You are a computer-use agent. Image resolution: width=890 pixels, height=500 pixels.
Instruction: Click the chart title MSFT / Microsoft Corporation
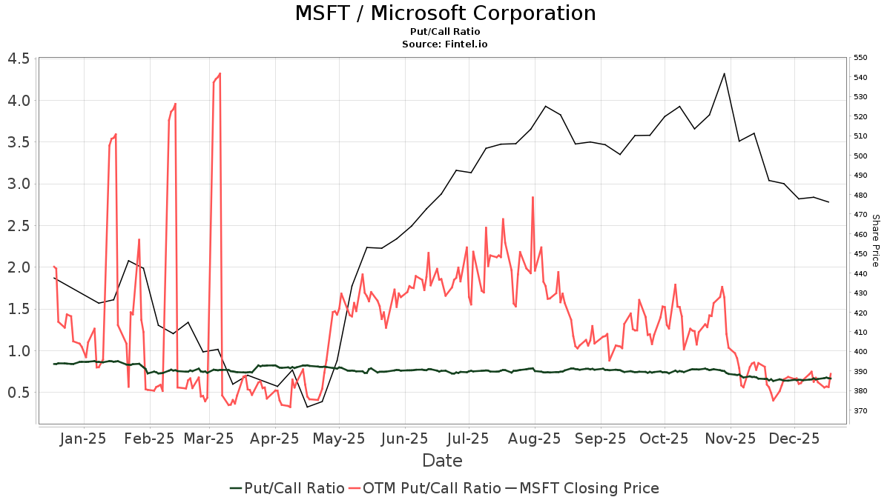[x=445, y=13]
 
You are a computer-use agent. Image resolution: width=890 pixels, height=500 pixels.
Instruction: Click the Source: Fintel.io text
[x=445, y=44]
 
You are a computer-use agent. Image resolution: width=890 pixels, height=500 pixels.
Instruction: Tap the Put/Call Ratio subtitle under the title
[x=445, y=32]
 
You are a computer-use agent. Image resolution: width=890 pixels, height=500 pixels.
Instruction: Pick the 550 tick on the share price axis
[x=860, y=58]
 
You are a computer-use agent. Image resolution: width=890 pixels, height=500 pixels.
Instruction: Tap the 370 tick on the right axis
[x=860, y=410]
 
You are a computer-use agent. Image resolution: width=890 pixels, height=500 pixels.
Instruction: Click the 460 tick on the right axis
[x=860, y=234]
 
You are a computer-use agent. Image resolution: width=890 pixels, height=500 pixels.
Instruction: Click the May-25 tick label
[x=339, y=439]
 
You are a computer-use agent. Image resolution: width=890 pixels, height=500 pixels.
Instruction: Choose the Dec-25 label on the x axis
[x=794, y=439]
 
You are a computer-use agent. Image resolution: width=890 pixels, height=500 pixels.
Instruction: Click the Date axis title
[x=442, y=461]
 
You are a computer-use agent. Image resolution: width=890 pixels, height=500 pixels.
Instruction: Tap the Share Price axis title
[x=875, y=241]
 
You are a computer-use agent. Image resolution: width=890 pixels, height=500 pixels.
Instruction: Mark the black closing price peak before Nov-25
[x=724, y=73]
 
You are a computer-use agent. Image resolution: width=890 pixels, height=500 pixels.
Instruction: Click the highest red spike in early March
[x=220, y=73]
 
